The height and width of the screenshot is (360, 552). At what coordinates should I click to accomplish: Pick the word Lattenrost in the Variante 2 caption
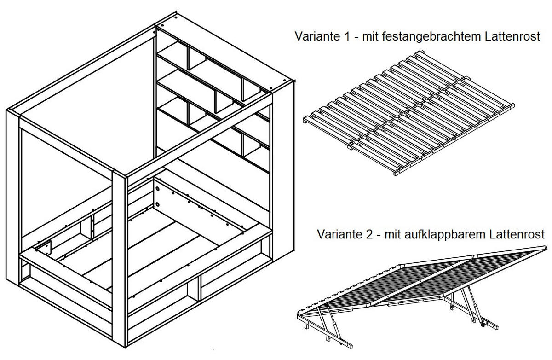click(x=517, y=234)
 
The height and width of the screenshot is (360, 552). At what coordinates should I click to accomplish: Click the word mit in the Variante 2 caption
click(x=391, y=234)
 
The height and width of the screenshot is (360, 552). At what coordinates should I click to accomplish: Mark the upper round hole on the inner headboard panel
click(x=158, y=189)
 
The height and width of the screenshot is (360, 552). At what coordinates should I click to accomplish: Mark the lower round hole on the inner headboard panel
click(x=158, y=203)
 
